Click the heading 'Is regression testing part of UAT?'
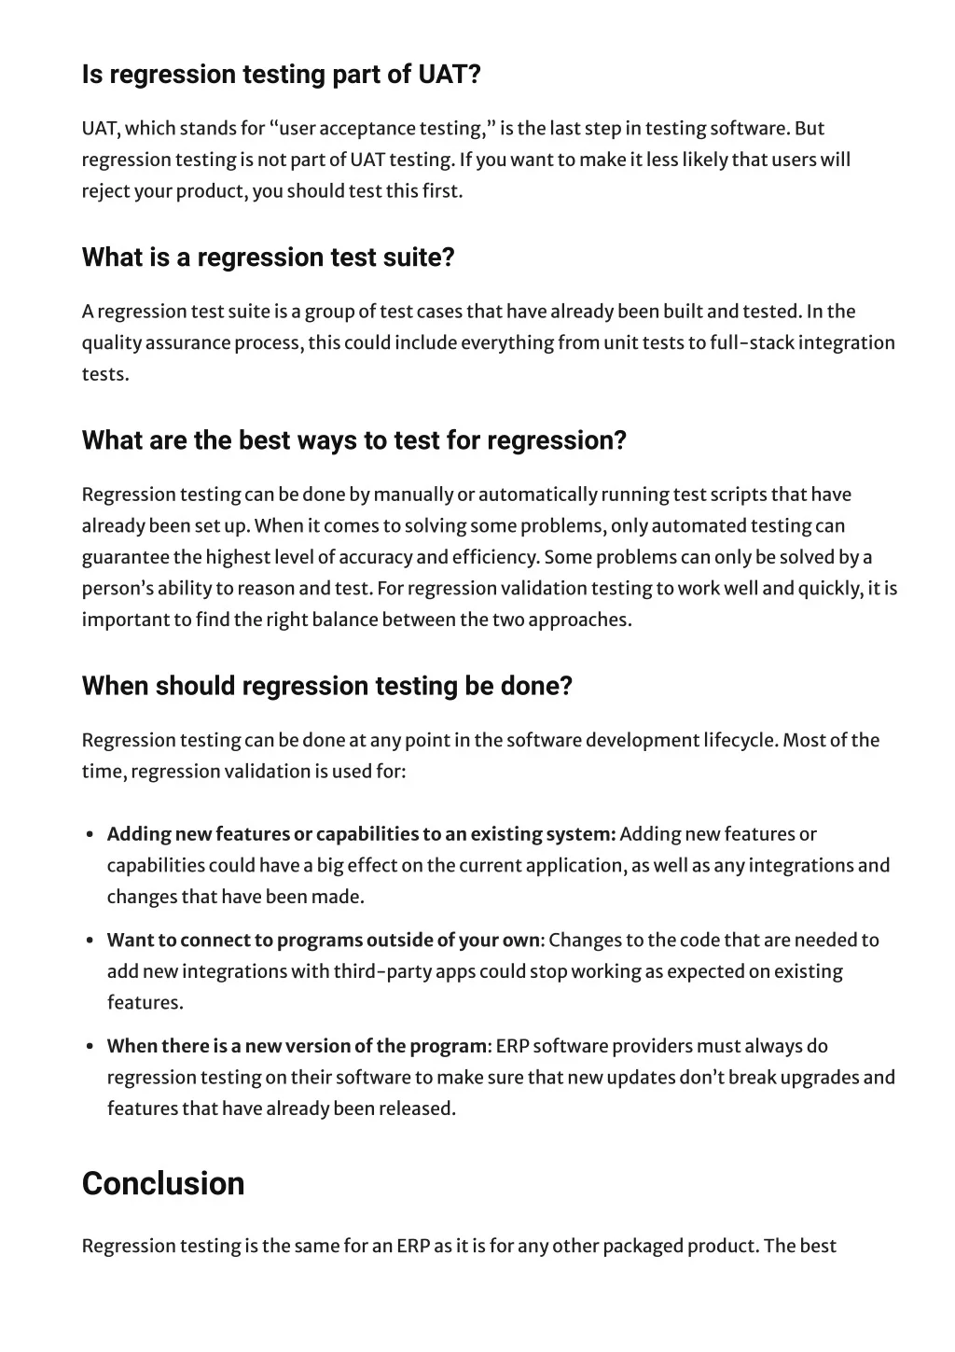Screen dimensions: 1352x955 pyautogui.click(x=281, y=75)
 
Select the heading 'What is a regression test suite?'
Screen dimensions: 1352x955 pyautogui.click(x=268, y=258)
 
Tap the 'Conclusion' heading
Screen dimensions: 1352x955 pyautogui.click(x=163, y=1183)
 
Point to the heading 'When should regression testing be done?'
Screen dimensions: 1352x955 pyautogui.click(x=326, y=686)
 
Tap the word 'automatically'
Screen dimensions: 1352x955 pyautogui.click(x=537, y=495)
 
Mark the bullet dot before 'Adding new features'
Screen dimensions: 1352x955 pyautogui.click(x=89, y=835)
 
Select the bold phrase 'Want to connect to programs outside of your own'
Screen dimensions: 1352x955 pyautogui.click(x=323, y=940)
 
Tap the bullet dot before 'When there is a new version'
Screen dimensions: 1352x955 pyautogui.click(x=89, y=1047)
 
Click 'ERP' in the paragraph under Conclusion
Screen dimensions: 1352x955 pyautogui.click(x=412, y=1246)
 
